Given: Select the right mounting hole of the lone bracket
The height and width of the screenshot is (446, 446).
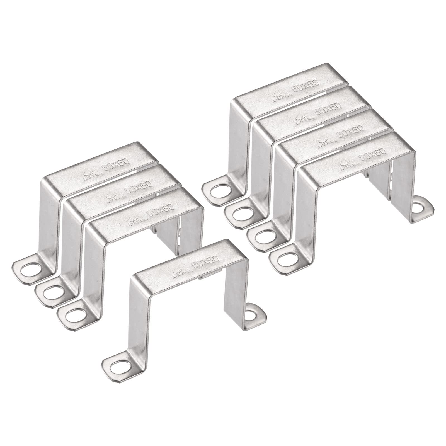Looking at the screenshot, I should tap(253, 316).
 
